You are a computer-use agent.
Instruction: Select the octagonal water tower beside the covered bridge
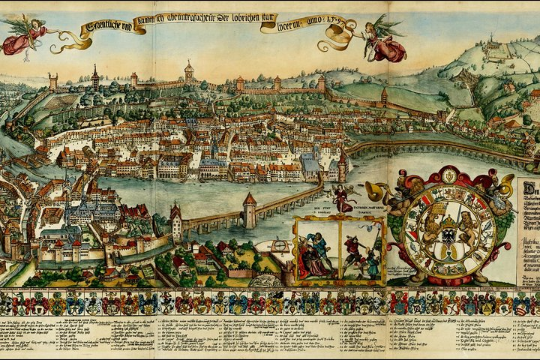(249, 209)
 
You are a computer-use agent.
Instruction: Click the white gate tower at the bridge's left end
(176, 222)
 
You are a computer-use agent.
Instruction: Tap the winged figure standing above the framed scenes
(342, 199)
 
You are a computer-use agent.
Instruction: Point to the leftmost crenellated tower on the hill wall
(53, 81)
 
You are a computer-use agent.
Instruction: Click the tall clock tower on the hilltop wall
(189, 73)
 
